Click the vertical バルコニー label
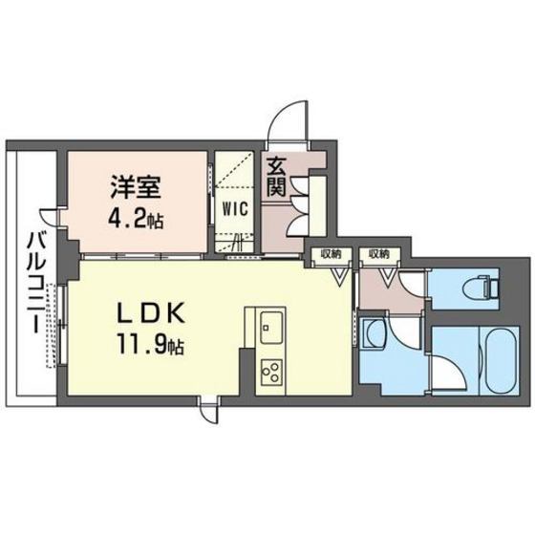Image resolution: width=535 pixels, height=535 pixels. pos(32,283)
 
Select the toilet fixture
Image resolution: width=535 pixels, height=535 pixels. pos(482,286)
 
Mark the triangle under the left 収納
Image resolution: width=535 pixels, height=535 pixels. pos(340,278)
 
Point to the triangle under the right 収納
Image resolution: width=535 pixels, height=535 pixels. pos(388,278)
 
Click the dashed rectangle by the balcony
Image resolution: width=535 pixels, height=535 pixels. pos(52,325)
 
